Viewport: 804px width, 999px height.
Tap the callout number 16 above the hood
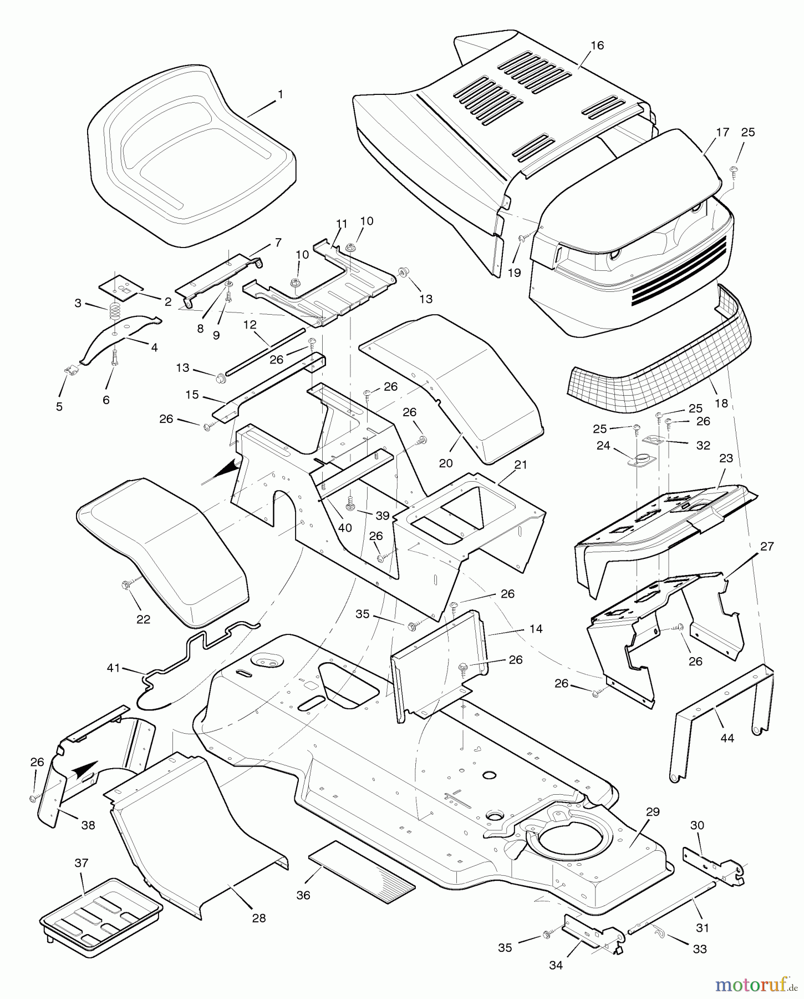[597, 46]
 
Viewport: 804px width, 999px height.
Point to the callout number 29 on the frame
[653, 811]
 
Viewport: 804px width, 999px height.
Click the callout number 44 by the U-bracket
[726, 738]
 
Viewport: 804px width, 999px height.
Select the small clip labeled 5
[69, 369]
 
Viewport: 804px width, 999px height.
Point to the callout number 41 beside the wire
[113, 668]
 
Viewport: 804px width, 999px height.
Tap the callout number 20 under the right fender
[446, 463]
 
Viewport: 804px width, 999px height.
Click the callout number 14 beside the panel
[536, 629]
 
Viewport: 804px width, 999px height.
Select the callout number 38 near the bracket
[88, 825]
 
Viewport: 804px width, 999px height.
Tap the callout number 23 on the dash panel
[726, 458]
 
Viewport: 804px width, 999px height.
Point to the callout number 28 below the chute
[258, 918]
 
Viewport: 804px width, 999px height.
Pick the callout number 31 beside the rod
[703, 927]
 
